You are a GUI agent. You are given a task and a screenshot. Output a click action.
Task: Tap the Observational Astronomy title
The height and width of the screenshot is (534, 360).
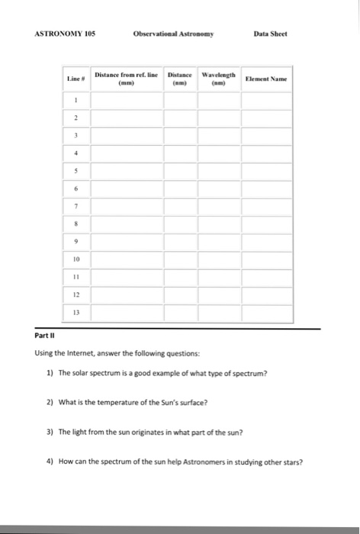(173, 35)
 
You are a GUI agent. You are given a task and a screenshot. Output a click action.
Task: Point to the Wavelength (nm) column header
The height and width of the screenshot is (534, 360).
(218, 78)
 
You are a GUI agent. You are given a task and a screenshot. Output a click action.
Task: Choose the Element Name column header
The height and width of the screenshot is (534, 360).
(269, 78)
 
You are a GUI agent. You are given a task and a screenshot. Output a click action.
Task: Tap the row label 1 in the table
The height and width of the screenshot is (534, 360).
(76, 99)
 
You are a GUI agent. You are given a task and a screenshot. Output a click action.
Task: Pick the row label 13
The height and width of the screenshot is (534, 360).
(76, 312)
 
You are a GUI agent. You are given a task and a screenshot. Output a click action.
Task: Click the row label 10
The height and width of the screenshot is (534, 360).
(76, 259)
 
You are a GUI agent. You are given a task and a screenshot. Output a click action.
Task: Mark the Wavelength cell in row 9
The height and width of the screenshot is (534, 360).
(218, 243)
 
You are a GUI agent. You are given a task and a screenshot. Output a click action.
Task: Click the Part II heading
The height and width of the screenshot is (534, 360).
(44, 336)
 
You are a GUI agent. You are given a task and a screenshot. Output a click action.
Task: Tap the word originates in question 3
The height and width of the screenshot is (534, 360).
(140, 433)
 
